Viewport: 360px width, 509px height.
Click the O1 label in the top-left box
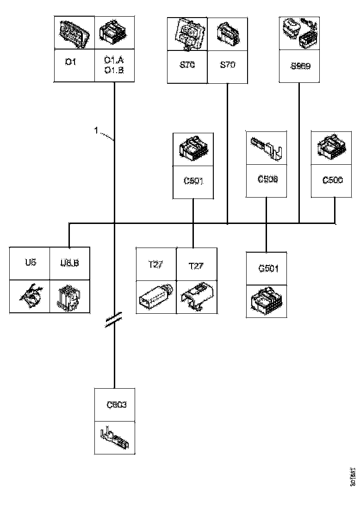pos(70,62)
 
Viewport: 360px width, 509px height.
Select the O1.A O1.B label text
pos(114,65)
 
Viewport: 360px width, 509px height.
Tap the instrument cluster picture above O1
pos(74,33)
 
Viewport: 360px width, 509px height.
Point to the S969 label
pos(300,66)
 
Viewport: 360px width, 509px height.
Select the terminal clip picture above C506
pos(267,148)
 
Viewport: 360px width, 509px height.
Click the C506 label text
pos(267,179)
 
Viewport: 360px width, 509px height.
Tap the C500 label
pos(333,180)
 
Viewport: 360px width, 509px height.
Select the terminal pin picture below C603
pos(115,437)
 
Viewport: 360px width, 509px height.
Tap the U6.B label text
pos(70,263)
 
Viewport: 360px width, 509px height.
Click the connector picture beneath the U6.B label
pos(70,296)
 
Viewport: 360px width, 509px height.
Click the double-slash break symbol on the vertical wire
pos(114,319)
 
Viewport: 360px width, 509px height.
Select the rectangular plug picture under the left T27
pos(156,296)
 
